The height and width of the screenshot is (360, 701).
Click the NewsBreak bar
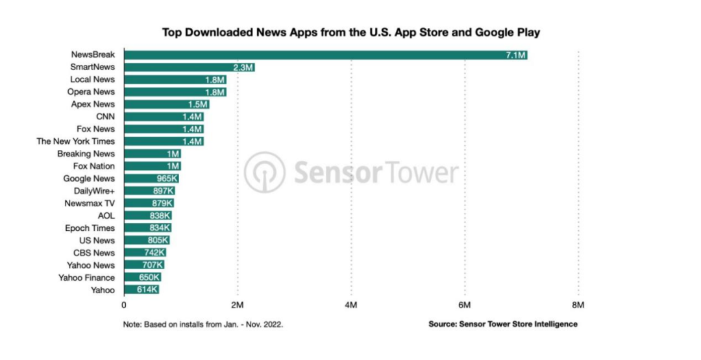[325, 54]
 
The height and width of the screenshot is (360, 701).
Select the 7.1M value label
[515, 54]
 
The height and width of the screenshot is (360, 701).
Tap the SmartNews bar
[189, 67]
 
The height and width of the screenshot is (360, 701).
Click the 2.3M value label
[243, 67]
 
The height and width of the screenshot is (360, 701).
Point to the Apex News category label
[93, 104]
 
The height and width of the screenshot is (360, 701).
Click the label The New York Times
[76, 141]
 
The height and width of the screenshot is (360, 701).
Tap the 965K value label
[167, 178]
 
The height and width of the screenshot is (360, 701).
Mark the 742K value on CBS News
[155, 252]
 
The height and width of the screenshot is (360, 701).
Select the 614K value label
[147, 289]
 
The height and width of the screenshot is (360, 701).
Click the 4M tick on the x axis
[351, 304]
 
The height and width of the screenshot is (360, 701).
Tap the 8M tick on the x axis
[578, 304]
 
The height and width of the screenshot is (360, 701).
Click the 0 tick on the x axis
[124, 304]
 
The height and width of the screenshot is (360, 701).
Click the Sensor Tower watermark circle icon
[264, 172]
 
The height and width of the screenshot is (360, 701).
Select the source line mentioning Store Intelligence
[502, 324]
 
